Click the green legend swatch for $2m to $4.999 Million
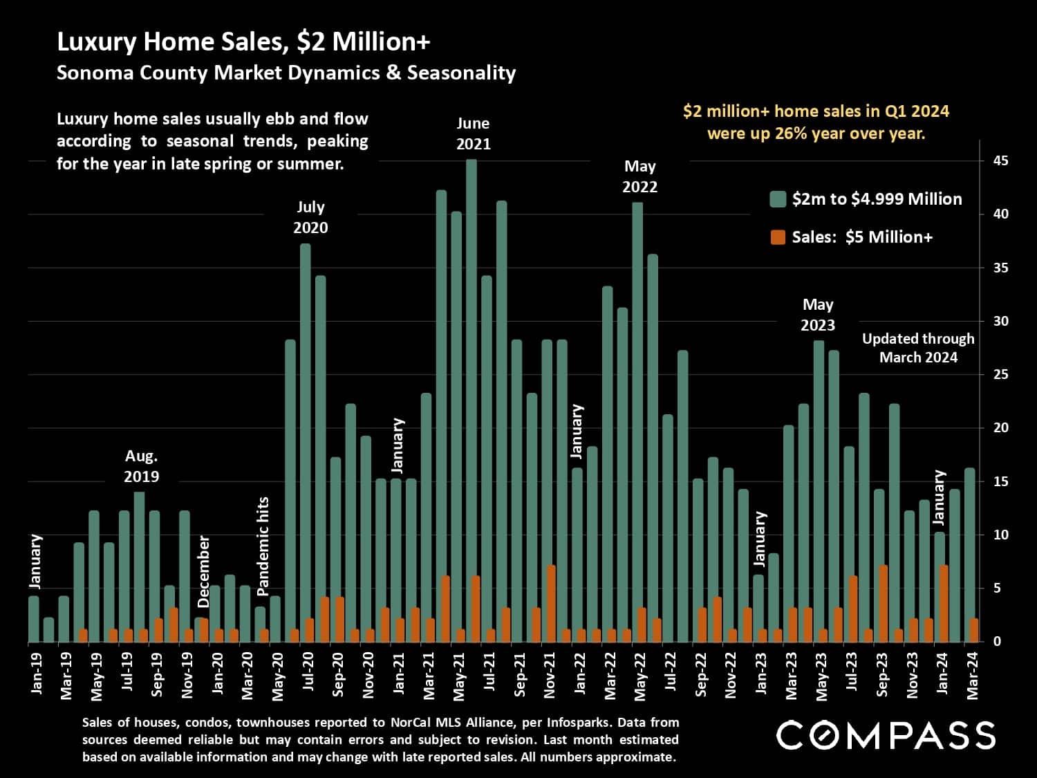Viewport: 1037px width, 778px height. coord(778,200)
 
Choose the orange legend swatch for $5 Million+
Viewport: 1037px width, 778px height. coord(778,238)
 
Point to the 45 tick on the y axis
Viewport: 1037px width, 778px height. coord(1000,161)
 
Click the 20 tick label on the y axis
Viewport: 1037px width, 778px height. coord(1000,428)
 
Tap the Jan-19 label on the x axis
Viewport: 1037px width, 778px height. coord(36,673)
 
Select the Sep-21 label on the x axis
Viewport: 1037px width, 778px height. coord(520,673)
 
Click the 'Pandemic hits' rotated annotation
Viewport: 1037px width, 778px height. coord(263,546)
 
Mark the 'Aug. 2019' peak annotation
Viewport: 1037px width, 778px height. coord(141,466)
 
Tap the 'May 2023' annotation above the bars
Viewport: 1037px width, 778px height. coord(818,315)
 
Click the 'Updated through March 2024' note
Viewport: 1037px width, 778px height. coord(918,348)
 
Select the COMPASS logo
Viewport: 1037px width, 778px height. coord(886,735)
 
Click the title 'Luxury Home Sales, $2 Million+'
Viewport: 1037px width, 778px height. coord(243,42)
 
